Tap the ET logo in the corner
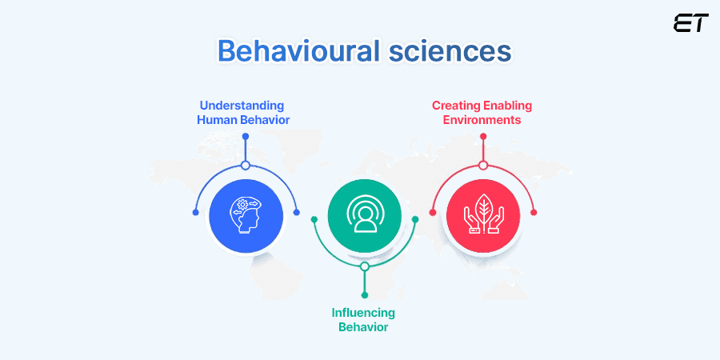point(690,23)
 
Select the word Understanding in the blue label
point(242,105)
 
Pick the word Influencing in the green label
point(363,312)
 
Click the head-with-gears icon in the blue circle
point(246,214)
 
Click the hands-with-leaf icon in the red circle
point(483,214)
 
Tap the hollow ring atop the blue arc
point(246,166)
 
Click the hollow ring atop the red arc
point(483,166)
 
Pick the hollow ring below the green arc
point(364,266)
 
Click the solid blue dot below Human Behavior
point(246,137)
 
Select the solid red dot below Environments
point(483,137)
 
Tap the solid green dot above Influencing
point(364,295)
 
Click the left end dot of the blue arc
point(196,212)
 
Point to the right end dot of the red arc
point(534,212)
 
